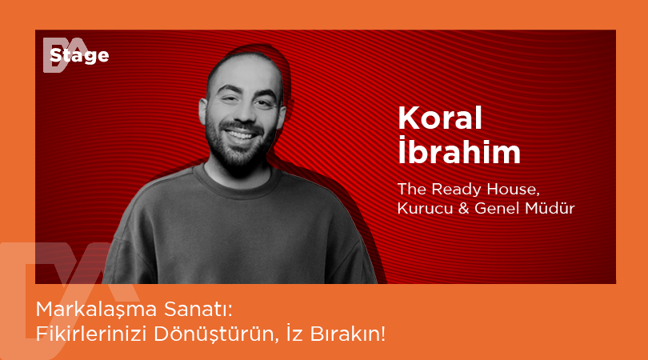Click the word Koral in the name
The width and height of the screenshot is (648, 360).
pos(440,118)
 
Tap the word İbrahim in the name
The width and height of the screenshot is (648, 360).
pos(458,152)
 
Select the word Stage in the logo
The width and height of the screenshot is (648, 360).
pos(79,56)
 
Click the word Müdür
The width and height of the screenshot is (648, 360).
pos(553,209)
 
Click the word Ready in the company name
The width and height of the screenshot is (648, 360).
pos(455,190)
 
